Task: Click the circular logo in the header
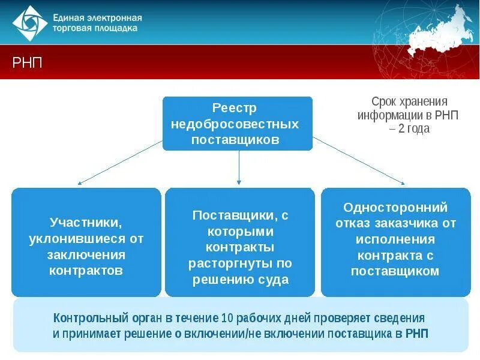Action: [29, 22]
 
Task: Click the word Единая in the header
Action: [70, 17]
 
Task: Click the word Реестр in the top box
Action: [238, 108]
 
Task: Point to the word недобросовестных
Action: [238, 124]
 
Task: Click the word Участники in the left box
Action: [85, 223]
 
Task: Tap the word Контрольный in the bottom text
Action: [83, 317]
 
